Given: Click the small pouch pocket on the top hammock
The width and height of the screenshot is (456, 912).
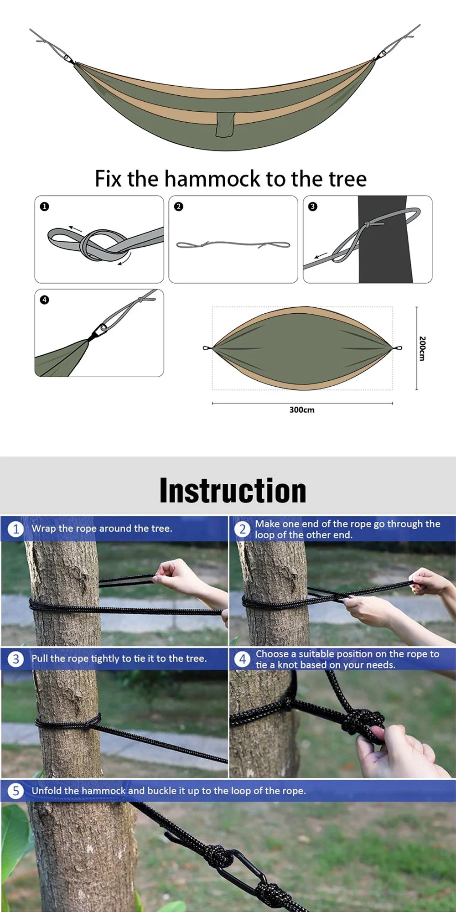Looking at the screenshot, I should click(225, 124).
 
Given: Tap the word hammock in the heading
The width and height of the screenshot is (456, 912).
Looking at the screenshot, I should click(213, 179).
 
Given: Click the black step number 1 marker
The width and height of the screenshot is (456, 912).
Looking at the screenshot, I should click(44, 207).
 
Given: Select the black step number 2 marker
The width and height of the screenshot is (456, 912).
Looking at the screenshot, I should click(178, 207).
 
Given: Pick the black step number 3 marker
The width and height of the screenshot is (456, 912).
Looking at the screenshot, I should click(312, 207).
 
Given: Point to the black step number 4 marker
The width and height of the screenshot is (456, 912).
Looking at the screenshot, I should click(44, 300).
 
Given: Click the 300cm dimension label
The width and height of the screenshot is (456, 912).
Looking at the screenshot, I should click(301, 410).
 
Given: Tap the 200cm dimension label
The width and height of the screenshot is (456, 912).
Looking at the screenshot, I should click(422, 348).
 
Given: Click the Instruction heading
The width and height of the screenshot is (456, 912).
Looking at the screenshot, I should click(233, 491).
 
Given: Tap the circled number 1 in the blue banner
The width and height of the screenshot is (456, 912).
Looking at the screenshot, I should click(16, 529).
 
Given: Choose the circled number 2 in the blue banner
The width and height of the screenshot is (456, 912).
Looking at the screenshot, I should click(243, 529).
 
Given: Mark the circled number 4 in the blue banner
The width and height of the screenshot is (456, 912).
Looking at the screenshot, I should click(243, 659).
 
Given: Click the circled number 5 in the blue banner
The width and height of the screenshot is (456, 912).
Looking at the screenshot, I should click(16, 791).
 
